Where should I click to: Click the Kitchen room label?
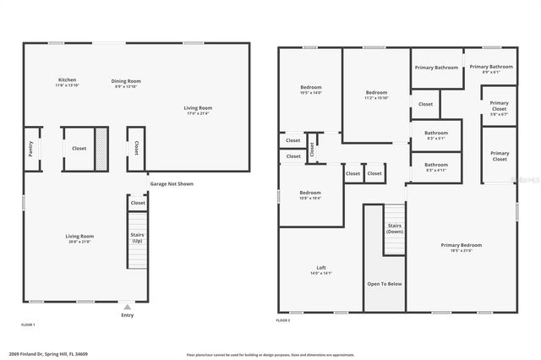click(67, 80)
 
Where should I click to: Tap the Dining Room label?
click(125, 81)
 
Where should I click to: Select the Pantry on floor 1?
click(30, 148)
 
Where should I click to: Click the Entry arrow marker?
click(127, 307)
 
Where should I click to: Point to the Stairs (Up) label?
click(137, 238)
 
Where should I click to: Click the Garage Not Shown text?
click(172, 183)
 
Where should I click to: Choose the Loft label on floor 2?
click(321, 267)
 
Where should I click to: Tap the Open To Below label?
click(384, 284)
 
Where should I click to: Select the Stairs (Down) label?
click(394, 228)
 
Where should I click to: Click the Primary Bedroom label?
click(462, 245)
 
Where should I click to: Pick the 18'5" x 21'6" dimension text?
click(462, 251)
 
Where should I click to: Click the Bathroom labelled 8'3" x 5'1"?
click(436, 133)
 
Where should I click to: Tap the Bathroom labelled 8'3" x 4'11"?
click(436, 165)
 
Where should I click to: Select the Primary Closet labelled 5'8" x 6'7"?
click(500, 107)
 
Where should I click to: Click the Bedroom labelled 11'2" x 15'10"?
click(376, 92)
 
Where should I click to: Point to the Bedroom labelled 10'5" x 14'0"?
click(311, 87)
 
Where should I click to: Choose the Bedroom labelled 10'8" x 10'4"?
click(310, 193)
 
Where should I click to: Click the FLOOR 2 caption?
click(283, 321)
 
